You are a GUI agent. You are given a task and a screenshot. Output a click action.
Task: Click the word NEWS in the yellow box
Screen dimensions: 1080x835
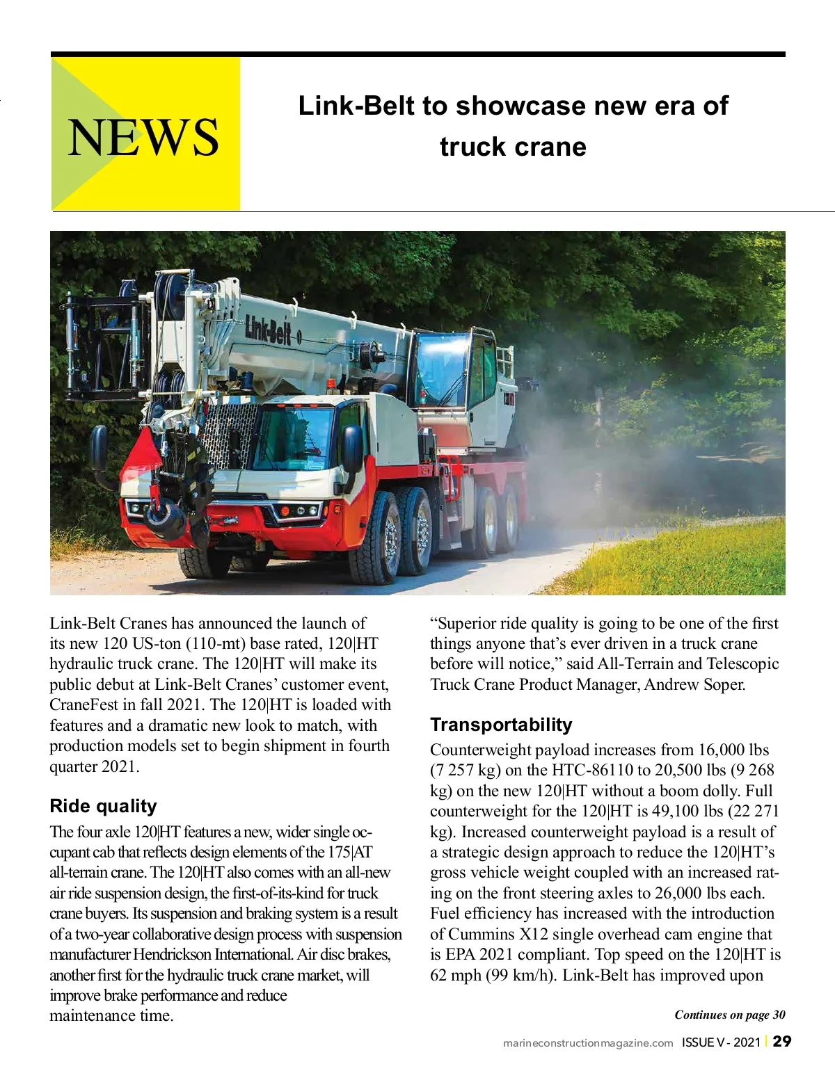143,137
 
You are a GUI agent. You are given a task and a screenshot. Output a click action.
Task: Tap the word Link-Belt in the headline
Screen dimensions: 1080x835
356,106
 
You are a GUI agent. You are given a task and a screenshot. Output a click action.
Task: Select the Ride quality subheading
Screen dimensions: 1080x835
103,806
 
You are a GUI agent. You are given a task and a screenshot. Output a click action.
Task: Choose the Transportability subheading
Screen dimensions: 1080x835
500,725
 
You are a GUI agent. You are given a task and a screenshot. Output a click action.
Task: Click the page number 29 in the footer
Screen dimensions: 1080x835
782,1041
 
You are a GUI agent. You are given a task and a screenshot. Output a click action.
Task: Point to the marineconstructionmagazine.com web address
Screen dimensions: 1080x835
588,1043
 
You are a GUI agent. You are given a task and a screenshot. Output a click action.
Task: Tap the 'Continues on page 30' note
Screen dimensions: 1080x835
729,1015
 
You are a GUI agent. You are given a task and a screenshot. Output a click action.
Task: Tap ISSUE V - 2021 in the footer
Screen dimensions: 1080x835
720,1042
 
